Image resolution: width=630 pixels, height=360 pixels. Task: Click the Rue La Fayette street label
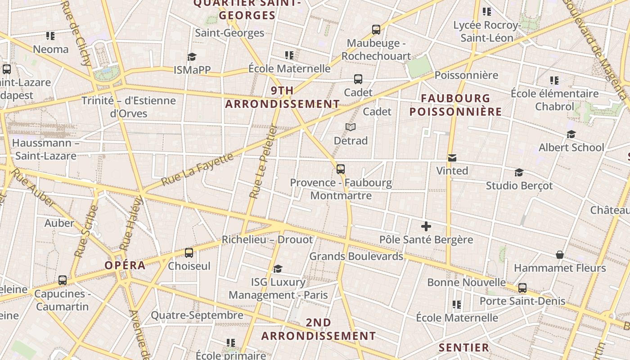click(x=198, y=169)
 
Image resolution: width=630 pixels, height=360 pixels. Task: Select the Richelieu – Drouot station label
click(x=267, y=239)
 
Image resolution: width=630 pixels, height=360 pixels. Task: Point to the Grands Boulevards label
click(x=356, y=256)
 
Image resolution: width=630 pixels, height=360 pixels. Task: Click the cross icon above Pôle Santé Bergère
click(x=426, y=226)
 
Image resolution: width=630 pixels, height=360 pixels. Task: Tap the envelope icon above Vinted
click(x=452, y=158)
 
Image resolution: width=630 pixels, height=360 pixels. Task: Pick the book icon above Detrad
click(x=351, y=127)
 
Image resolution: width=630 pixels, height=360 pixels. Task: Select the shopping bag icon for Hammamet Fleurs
click(x=560, y=255)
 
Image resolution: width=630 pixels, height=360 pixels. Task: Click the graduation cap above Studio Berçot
click(x=519, y=173)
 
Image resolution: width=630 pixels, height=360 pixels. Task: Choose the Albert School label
click(x=571, y=147)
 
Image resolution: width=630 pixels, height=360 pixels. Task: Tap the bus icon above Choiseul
click(x=189, y=253)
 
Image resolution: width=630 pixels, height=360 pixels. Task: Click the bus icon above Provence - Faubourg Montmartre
click(x=341, y=170)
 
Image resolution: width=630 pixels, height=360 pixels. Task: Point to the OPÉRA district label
click(x=125, y=265)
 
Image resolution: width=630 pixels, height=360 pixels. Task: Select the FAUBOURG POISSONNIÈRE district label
click(x=455, y=105)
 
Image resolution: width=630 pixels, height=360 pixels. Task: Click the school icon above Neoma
click(x=50, y=36)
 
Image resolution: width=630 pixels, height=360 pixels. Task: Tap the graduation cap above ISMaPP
click(x=192, y=57)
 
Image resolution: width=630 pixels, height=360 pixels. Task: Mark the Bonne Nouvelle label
click(x=466, y=282)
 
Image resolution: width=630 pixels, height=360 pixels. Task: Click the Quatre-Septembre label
click(x=197, y=315)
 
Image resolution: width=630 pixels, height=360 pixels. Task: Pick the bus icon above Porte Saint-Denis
click(x=522, y=288)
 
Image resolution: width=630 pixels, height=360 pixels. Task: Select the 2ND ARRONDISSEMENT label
click(x=319, y=329)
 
